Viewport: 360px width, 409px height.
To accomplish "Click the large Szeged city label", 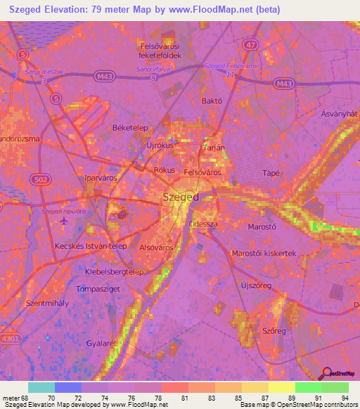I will point(180,197).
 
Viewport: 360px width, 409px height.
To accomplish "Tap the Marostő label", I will point(263,227).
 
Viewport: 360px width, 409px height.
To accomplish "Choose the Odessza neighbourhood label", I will point(204,224).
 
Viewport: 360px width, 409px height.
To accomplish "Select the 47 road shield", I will point(251,44).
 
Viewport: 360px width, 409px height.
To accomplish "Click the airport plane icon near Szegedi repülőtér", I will point(65,221).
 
